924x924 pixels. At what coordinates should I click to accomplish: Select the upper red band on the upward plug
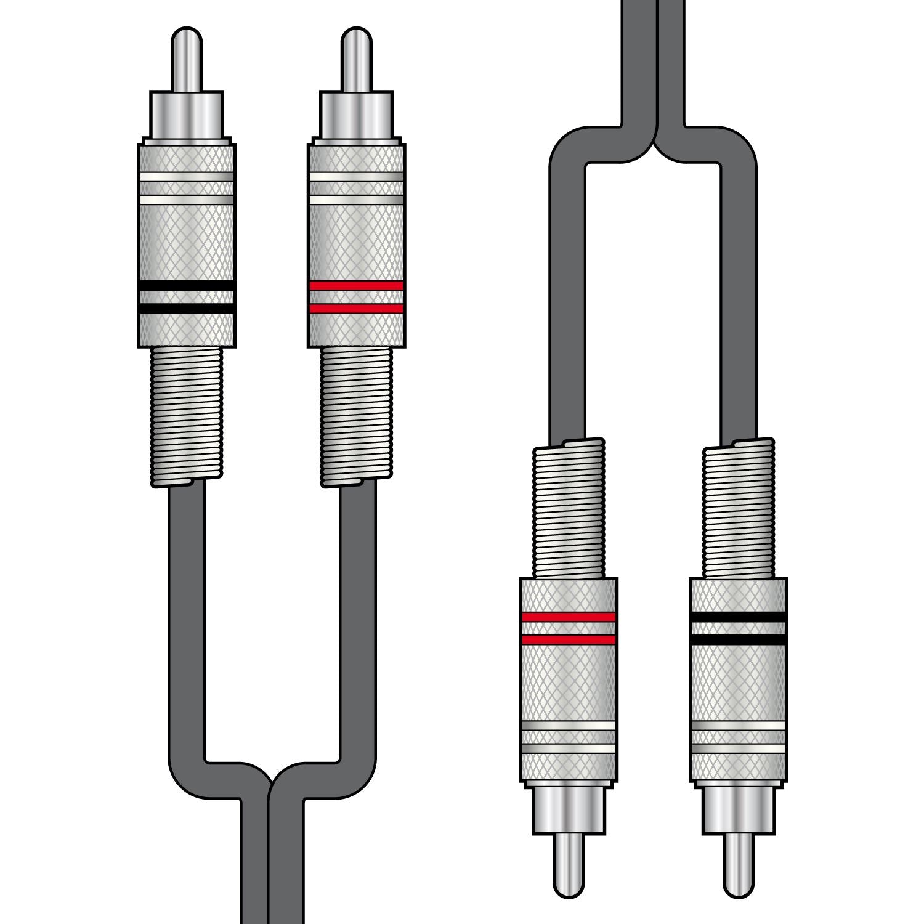click(x=356, y=286)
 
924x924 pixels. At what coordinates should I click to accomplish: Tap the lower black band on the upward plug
click(x=186, y=309)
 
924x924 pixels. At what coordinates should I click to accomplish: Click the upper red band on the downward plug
click(x=568, y=617)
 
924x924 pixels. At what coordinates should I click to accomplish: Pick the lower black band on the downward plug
click(x=738, y=640)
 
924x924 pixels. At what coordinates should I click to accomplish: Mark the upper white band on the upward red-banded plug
click(x=356, y=177)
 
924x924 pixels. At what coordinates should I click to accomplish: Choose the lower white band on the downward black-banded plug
click(x=738, y=748)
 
